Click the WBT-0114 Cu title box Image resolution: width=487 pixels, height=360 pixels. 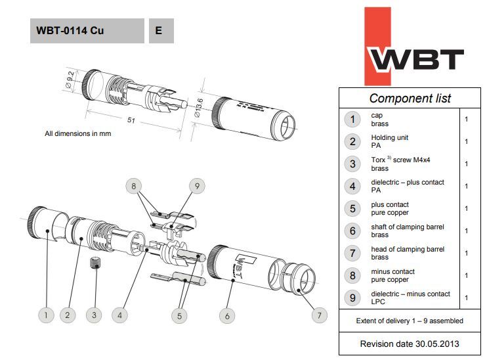click(86, 30)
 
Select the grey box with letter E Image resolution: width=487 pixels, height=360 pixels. click(161, 30)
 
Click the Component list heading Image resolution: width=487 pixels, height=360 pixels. click(410, 98)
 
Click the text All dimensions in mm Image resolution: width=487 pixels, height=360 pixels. click(77, 133)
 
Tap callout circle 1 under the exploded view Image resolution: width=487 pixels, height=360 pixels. click(46, 315)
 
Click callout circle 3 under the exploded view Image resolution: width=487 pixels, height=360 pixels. click(94, 315)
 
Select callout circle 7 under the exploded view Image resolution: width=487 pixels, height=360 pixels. click(319, 315)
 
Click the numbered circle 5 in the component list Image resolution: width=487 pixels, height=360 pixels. click(353, 208)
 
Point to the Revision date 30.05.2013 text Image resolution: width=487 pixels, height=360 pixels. click(410, 344)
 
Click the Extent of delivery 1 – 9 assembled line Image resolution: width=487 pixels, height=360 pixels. click(410, 321)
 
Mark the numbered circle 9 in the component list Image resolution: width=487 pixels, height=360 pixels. click(353, 298)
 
